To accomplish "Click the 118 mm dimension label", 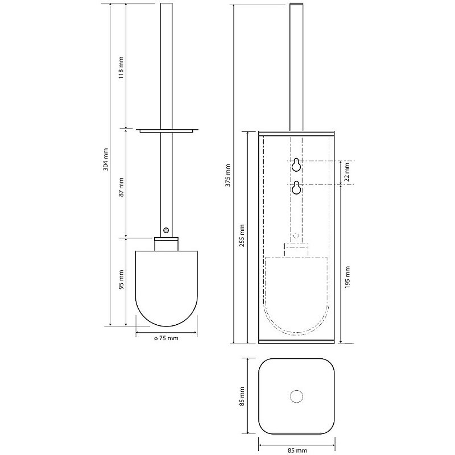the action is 121,67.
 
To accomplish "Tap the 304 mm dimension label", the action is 106,159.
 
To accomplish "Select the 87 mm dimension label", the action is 121,187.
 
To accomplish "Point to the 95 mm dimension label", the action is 121,279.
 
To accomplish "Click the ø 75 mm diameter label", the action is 166,338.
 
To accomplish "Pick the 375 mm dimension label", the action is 228,175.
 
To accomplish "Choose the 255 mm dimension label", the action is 242,235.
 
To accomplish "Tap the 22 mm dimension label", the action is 347,172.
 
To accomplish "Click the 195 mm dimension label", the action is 348,277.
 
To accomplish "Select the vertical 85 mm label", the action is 242,396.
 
